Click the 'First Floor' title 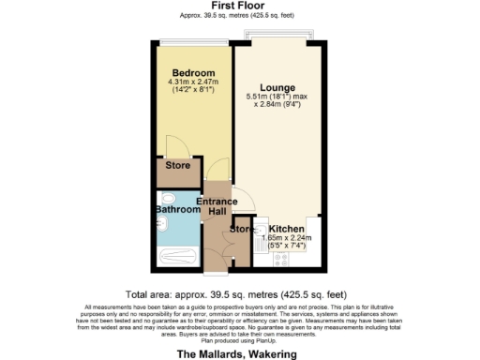(x=239, y=6)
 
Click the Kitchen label (x=286, y=229)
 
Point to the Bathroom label (x=177, y=211)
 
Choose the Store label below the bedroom (x=177, y=166)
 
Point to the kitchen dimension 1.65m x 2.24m (x=290, y=239)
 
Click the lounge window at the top (x=277, y=37)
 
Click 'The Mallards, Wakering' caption (x=237, y=354)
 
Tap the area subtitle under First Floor (x=239, y=16)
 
